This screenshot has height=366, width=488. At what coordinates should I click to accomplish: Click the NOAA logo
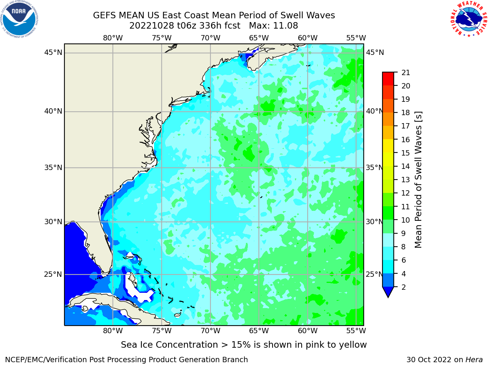click(x=19, y=19)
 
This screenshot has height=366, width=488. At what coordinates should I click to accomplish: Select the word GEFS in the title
click(x=104, y=16)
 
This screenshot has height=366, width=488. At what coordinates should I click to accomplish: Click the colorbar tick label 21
click(x=406, y=73)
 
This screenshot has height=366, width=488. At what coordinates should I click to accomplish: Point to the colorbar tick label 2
click(x=403, y=287)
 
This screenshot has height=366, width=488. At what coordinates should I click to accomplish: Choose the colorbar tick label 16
click(x=406, y=140)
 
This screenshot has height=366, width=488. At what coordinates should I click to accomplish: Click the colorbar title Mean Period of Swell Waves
click(x=418, y=180)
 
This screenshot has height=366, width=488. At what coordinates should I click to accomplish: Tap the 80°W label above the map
click(x=113, y=38)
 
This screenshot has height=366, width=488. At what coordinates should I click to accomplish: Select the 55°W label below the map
click(x=356, y=331)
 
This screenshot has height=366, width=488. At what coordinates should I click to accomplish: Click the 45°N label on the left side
click(x=53, y=53)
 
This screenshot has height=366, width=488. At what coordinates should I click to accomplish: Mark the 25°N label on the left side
click(x=53, y=274)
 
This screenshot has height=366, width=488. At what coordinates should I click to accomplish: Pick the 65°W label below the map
click(x=259, y=331)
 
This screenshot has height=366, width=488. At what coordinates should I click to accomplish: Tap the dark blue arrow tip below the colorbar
click(x=388, y=297)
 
